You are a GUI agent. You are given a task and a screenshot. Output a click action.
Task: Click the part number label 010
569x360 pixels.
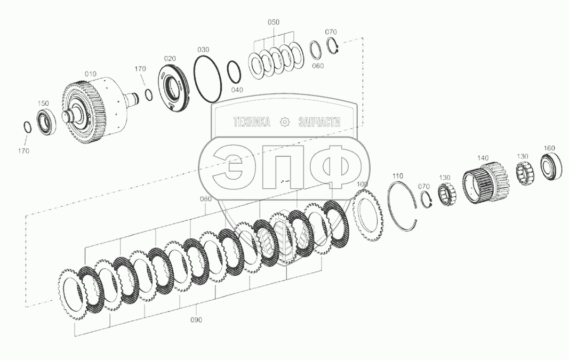90,74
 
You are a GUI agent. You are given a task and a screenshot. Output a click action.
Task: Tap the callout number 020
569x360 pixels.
170,59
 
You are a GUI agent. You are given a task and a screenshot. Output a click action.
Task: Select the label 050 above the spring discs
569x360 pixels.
274,22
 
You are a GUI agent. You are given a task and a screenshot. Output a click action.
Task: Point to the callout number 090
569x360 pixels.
196,319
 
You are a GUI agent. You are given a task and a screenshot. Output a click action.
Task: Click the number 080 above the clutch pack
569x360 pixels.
206,199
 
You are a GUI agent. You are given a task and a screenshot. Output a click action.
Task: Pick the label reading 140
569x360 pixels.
483,158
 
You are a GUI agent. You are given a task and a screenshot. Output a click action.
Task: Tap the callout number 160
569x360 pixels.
549,148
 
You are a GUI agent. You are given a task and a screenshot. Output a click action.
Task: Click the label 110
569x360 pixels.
398,176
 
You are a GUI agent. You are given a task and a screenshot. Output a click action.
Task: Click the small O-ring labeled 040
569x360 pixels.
228,73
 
